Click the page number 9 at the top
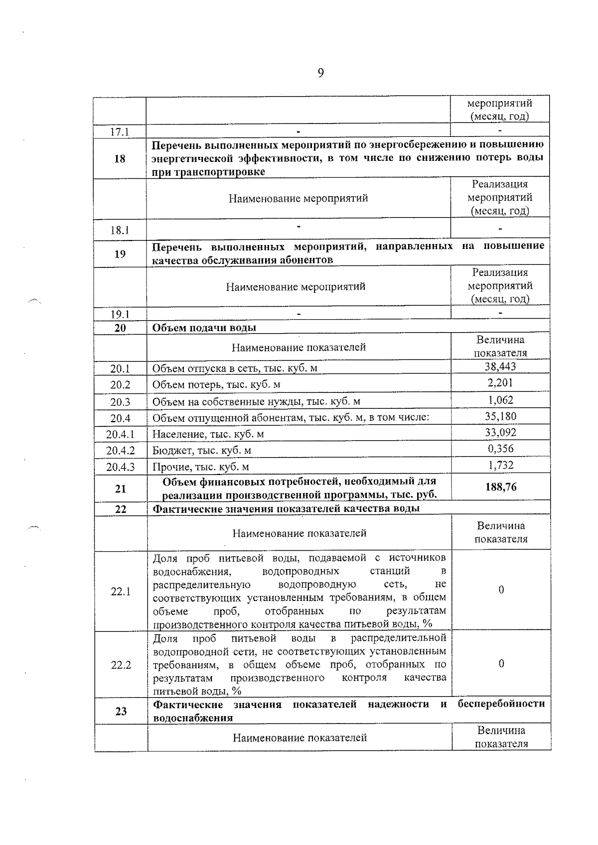[x=320, y=74]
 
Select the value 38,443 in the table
[x=500, y=367]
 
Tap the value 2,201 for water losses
[x=500, y=383]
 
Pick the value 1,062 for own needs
[x=500, y=400]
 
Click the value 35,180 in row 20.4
[x=500, y=416]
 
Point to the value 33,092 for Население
[x=500, y=432]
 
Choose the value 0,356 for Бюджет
[x=500, y=449]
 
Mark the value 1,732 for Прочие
[x=500, y=465]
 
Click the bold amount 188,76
[x=501, y=487]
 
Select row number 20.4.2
[x=121, y=451]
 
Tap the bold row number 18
[x=120, y=159]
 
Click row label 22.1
[x=121, y=592]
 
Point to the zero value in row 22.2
[x=501, y=664]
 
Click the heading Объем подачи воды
[x=204, y=328]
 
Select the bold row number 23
[x=121, y=711]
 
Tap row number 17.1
[x=120, y=132]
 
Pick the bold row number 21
[x=121, y=489]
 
